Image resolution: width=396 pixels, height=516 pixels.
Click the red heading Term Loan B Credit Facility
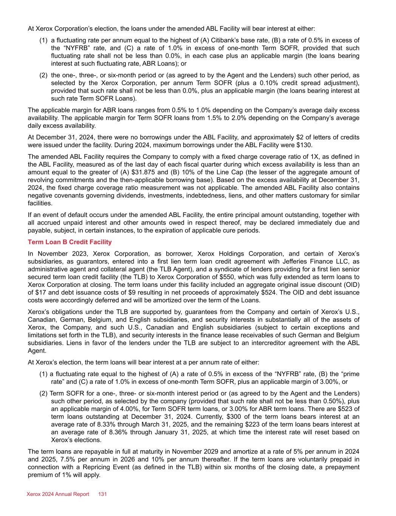tap(70, 242)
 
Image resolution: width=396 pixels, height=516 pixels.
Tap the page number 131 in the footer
tap(102, 494)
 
